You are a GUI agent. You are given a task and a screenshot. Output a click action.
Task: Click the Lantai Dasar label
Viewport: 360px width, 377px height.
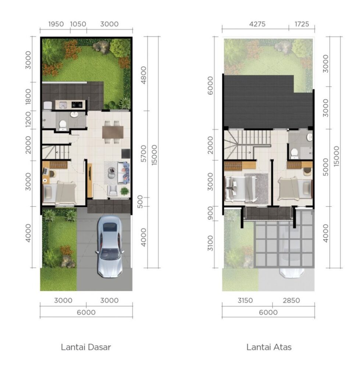pos(86,347)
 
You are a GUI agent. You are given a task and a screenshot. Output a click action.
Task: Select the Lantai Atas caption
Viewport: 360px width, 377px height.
pos(269,347)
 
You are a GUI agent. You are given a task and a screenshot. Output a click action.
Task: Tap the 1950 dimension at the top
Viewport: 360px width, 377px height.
pos(56,24)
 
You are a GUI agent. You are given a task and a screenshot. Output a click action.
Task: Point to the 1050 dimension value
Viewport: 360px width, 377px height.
pos(78,24)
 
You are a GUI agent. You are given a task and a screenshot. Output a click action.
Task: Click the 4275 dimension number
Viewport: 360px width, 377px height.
pos(257,24)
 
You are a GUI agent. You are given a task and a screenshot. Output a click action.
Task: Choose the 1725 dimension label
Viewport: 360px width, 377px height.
pos(302,24)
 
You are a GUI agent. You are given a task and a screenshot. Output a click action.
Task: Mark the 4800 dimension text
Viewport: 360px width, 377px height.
pos(143,75)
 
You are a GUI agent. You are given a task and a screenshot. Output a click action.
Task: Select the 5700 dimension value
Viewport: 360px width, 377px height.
pos(143,154)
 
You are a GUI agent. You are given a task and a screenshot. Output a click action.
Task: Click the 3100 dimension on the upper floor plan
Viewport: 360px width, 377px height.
pos(210,243)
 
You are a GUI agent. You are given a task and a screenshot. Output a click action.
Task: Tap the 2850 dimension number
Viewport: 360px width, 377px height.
pos(291,300)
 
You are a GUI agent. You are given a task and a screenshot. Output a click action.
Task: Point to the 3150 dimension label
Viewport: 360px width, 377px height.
pos(245,300)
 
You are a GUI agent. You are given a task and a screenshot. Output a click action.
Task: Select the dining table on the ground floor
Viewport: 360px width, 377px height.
pos(113,132)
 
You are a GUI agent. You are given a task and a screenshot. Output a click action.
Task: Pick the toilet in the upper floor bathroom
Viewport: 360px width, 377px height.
pos(294,154)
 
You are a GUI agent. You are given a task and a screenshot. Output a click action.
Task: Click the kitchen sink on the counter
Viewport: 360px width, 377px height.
pos(63,105)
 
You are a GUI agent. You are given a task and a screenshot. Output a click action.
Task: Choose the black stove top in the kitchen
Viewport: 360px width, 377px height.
pos(77,105)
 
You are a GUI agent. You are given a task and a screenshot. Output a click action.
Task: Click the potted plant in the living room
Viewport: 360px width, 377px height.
pos(124,191)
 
